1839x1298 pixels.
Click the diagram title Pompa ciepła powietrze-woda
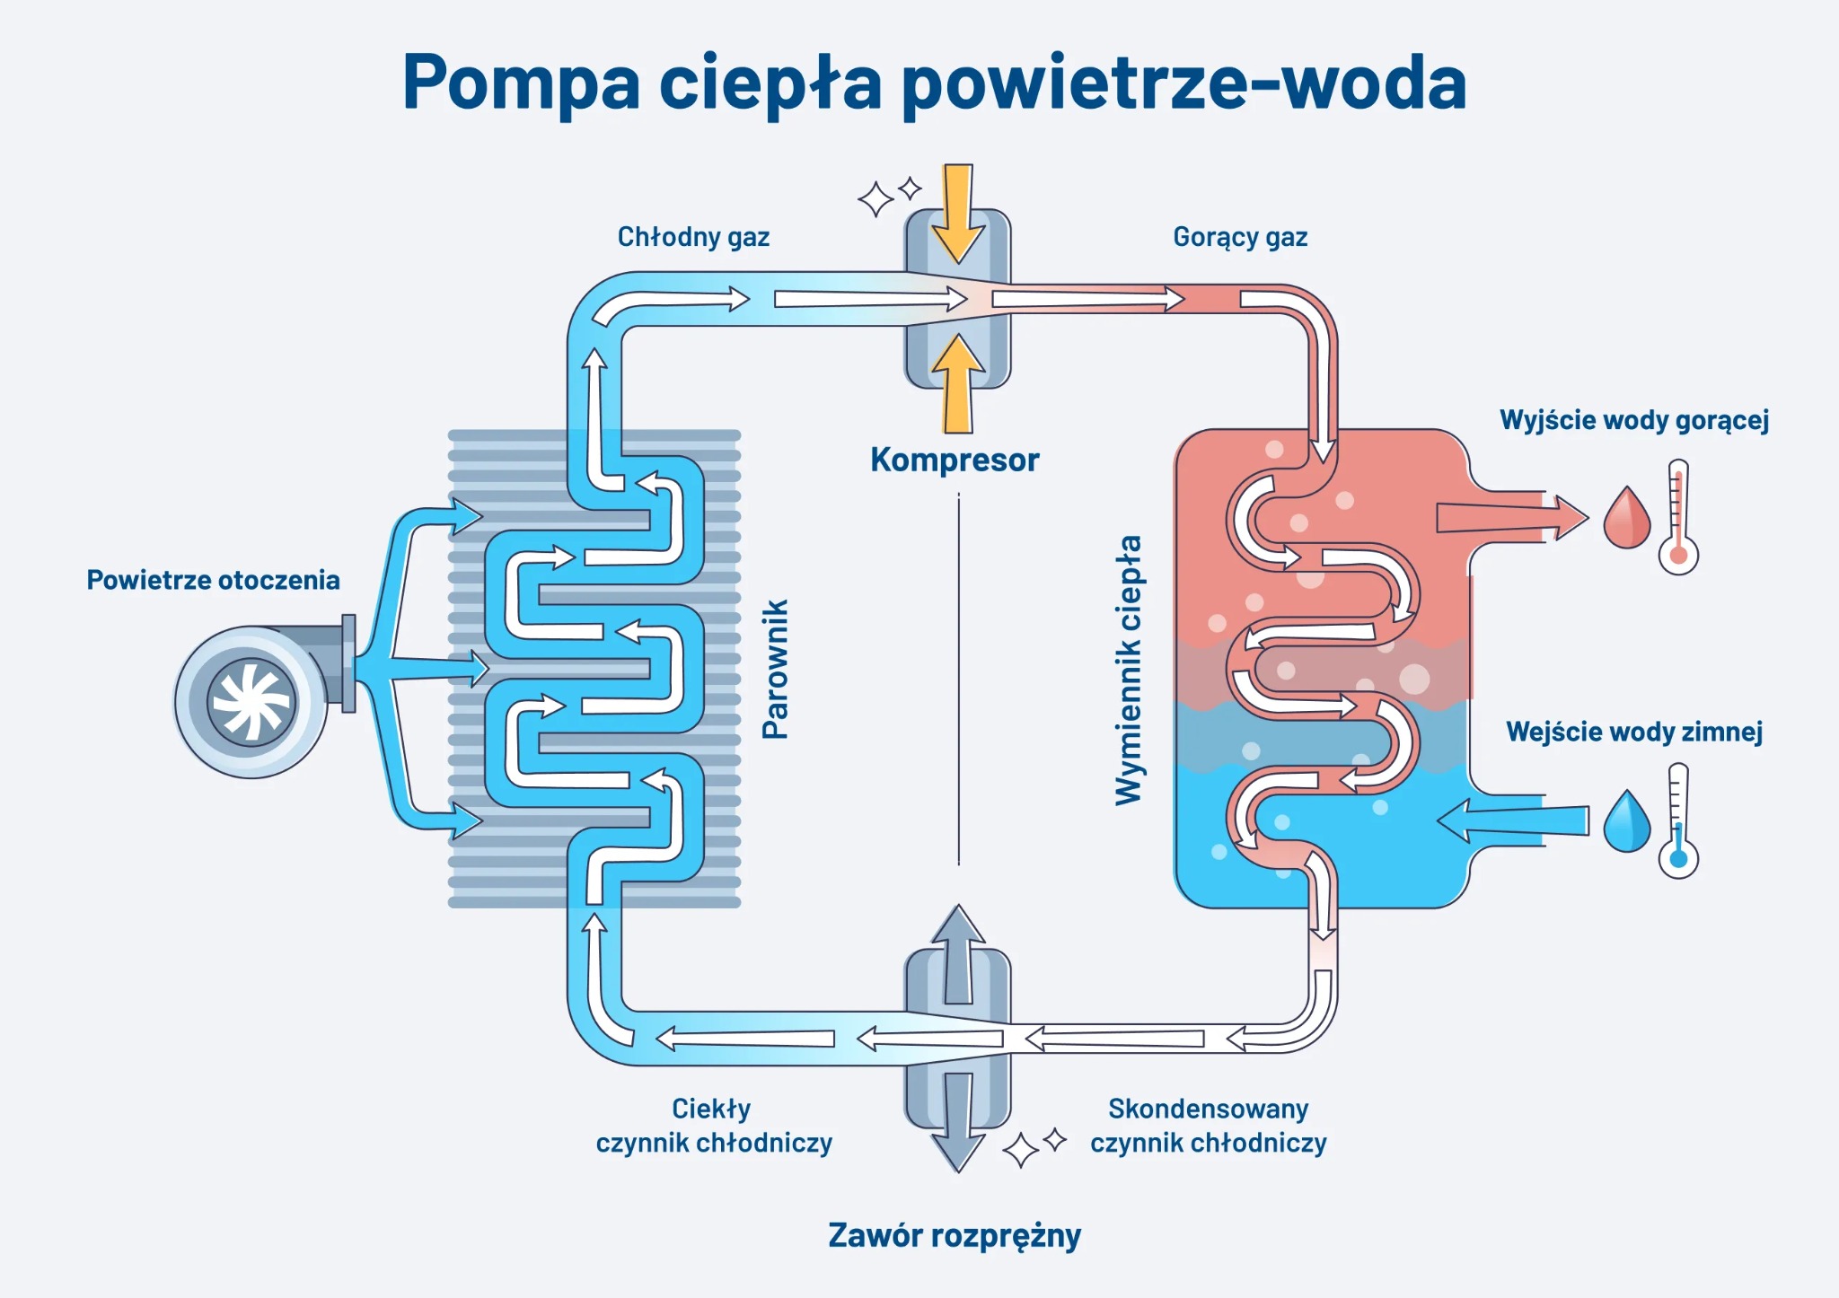[934, 83]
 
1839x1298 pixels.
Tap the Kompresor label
[955, 460]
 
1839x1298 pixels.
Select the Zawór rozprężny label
[955, 1236]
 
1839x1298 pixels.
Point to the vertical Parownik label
[775, 670]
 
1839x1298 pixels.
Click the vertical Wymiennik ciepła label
[1128, 670]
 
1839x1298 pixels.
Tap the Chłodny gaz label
[693, 237]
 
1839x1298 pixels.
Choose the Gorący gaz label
[1240, 237]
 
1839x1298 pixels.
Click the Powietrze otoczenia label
[213, 580]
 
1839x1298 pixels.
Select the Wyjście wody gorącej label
[1634, 420]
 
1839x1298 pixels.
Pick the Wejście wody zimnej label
[1634, 732]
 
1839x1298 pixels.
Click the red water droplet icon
[1626, 519]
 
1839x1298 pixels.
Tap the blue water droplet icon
[1626, 822]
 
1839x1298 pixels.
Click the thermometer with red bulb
[1678, 518]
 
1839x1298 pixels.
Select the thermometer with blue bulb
[1678, 820]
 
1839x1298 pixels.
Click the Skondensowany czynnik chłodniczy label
[1208, 1126]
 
